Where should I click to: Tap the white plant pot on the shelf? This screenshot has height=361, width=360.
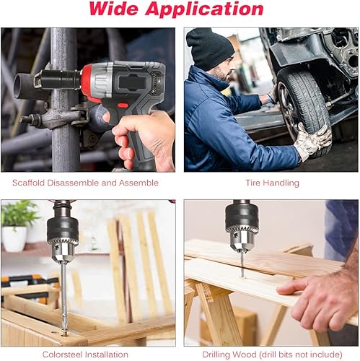click(14, 238)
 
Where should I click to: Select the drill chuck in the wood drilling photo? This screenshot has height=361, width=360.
click(242, 220)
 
